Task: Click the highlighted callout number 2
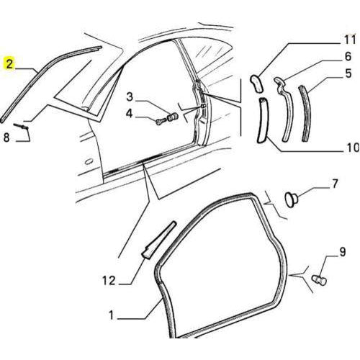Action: click(x=9, y=64)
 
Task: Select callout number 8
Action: click(x=6, y=138)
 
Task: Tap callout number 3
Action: click(x=130, y=97)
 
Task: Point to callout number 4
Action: click(x=129, y=114)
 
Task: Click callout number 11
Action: click(x=349, y=40)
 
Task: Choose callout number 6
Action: click(x=348, y=56)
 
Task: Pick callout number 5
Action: click(x=348, y=73)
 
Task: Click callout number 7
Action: click(x=335, y=184)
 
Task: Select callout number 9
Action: click(x=342, y=252)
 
